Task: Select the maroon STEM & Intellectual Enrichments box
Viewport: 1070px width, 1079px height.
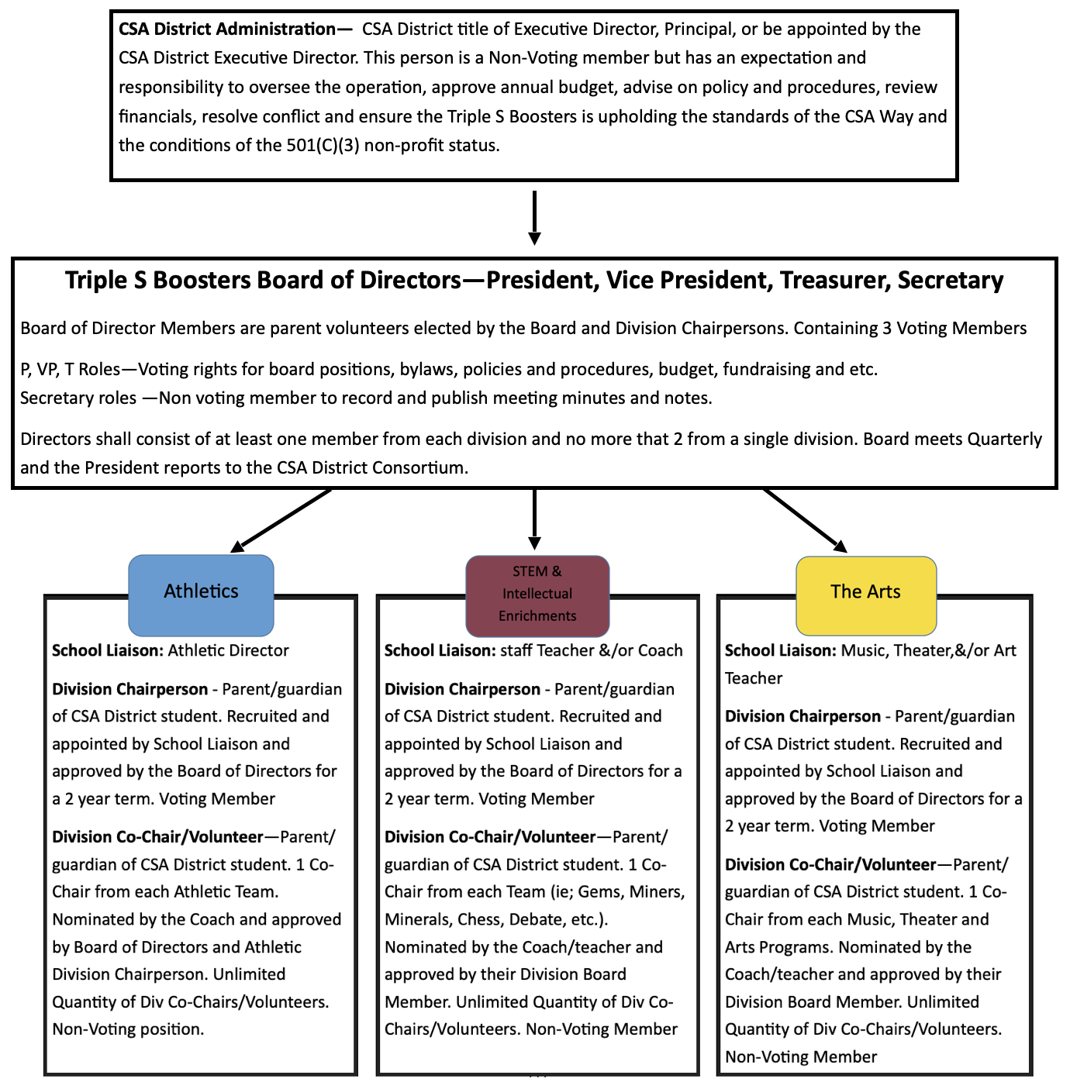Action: (x=537, y=594)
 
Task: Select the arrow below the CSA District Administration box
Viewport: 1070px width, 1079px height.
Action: (x=534, y=218)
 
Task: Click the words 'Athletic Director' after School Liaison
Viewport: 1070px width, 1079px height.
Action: (x=229, y=651)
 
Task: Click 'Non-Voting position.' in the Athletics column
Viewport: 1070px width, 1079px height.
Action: (x=128, y=1030)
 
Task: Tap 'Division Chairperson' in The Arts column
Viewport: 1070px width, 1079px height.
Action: (x=802, y=717)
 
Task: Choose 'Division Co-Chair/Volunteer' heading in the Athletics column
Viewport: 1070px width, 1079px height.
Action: (x=157, y=837)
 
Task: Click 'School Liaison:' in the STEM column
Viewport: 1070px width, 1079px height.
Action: (x=440, y=651)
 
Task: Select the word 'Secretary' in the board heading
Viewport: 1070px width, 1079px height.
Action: (x=950, y=281)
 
